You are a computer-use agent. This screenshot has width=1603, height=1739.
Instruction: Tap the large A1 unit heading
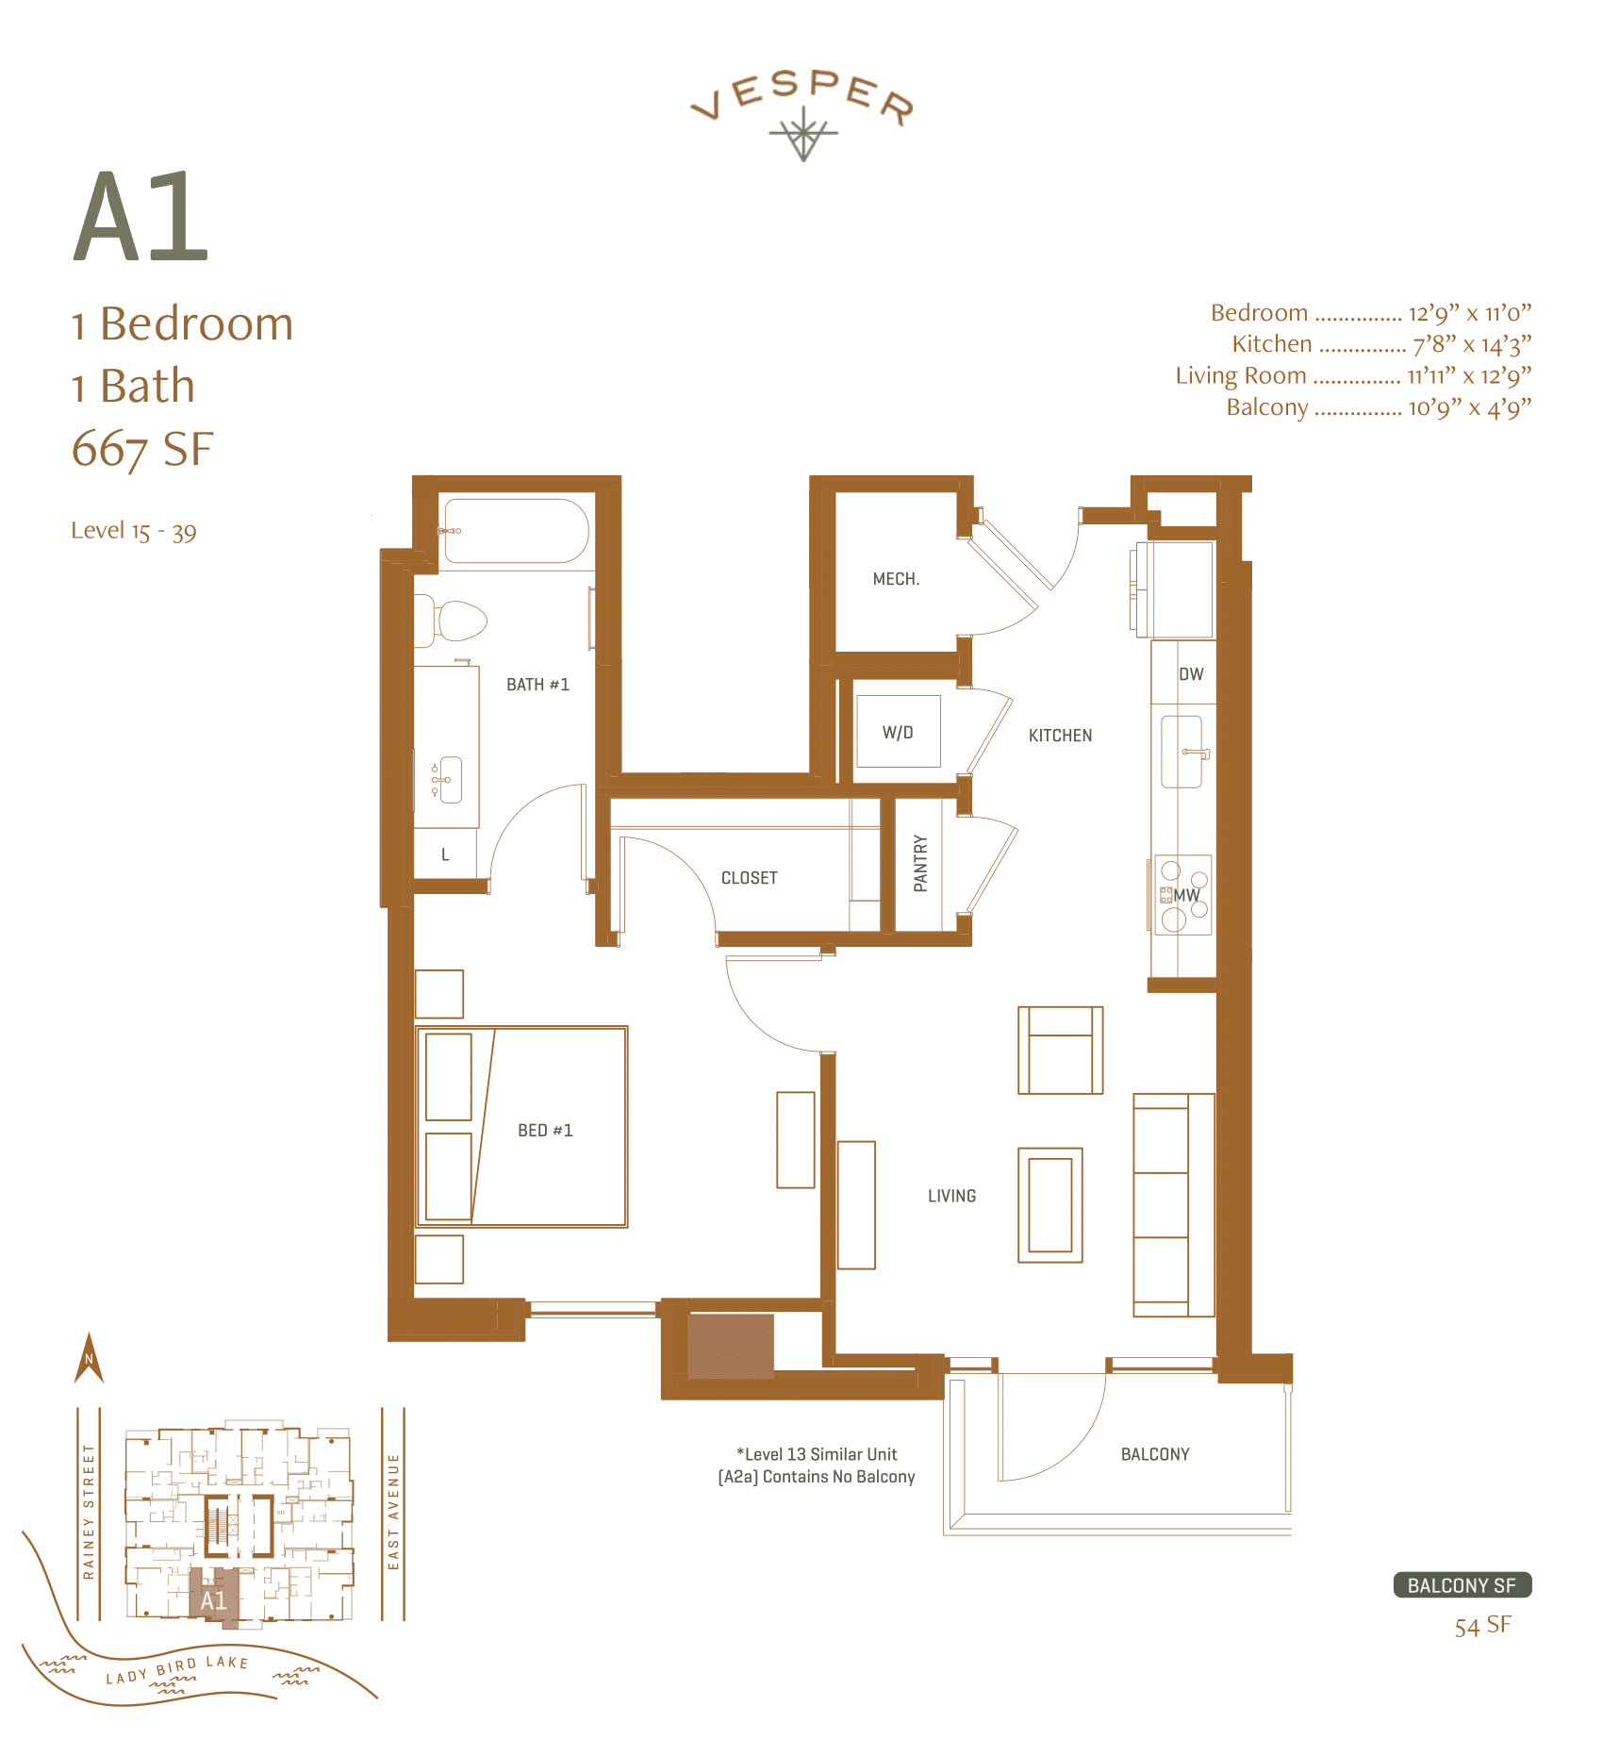(141, 218)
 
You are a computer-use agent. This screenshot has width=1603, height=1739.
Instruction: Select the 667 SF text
(142, 449)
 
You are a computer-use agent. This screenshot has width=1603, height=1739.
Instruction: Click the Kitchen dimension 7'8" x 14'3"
(1471, 344)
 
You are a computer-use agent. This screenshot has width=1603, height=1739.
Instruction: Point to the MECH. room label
(896, 579)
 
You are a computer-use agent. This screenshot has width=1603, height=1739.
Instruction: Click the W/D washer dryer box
(898, 732)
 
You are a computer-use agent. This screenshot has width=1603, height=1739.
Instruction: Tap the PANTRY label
(920, 863)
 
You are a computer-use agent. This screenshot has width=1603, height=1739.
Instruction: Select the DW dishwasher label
(1191, 674)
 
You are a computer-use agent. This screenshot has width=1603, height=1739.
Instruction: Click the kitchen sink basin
(1181, 752)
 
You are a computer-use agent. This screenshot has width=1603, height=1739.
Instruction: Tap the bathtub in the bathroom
(516, 531)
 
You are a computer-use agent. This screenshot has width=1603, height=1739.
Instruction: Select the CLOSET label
(750, 878)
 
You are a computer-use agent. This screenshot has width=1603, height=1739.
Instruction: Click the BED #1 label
(545, 1130)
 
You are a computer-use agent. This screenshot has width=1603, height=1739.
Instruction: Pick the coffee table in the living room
(1049, 1204)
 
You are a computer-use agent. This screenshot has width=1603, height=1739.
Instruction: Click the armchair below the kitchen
(1060, 1050)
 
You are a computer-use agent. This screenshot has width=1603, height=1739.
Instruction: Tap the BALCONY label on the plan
(1155, 1454)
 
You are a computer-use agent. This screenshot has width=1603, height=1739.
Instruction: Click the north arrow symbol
(89, 1358)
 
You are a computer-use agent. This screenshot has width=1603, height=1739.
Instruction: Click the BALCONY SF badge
(1462, 1585)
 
